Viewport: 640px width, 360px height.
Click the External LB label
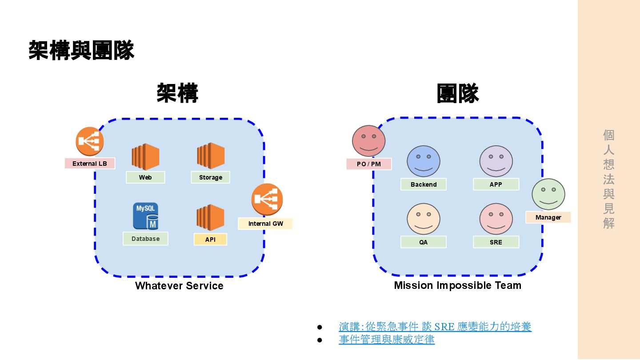coord(90,164)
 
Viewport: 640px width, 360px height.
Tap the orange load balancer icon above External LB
coord(90,141)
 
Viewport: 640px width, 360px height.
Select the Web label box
coord(145,177)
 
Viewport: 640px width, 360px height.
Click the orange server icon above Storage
coord(211,156)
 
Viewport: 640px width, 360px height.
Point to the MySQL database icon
coord(145,216)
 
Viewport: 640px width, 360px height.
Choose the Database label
coord(145,239)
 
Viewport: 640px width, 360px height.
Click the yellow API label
coord(210,240)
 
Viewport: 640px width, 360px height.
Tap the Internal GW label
coord(265,224)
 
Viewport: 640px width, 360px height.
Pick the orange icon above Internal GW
coord(267,200)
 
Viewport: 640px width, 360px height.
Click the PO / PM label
coord(369,164)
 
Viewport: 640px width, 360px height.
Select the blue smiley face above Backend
coord(424,161)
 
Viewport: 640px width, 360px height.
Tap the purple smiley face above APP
coord(496,161)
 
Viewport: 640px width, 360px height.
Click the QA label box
coord(423,242)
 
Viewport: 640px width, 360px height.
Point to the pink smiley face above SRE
coord(496,219)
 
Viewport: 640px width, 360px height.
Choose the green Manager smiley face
coord(548,194)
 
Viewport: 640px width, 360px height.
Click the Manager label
coord(548,217)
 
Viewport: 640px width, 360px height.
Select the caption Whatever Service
coord(179,286)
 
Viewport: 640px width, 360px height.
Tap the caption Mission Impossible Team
coord(457,285)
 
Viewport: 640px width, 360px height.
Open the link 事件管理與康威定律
coord(387,340)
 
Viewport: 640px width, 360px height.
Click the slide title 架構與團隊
coord(81,50)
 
